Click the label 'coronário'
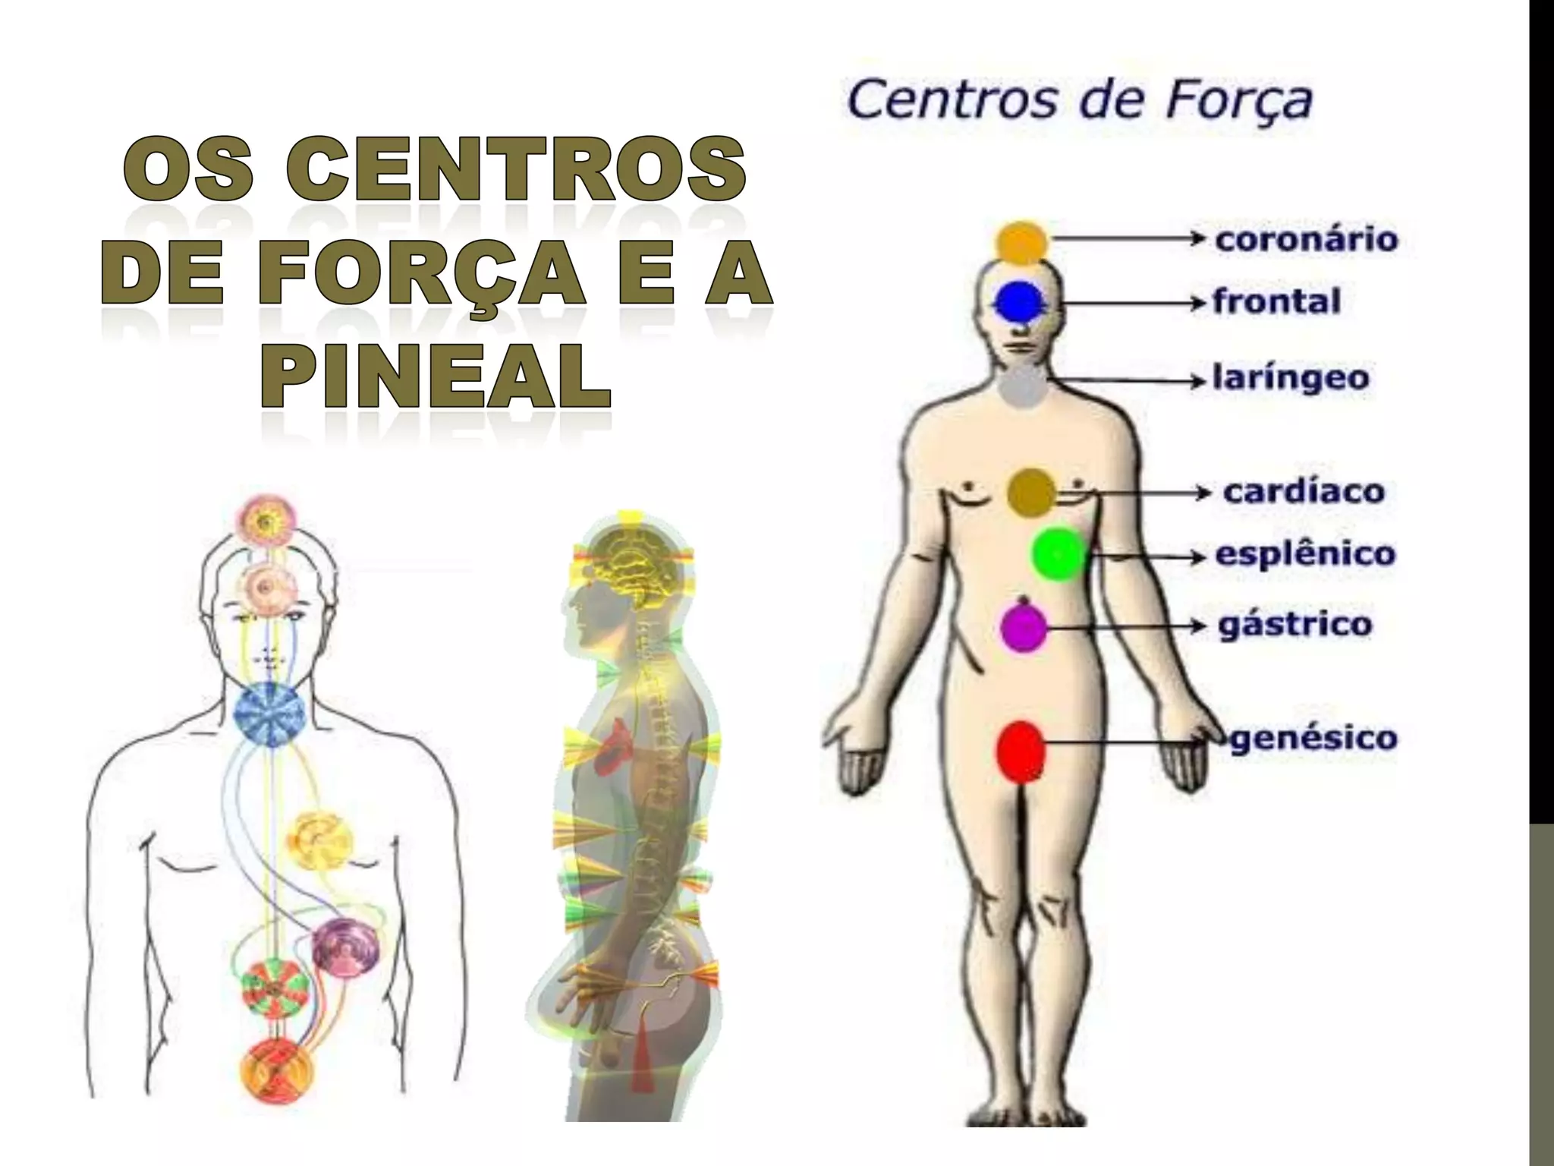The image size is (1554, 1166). click(x=1306, y=239)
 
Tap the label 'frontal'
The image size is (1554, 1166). click(x=1276, y=302)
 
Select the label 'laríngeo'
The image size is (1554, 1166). click(x=1291, y=378)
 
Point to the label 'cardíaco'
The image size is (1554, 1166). click(x=1304, y=492)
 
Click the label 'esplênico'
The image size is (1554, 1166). click(x=1305, y=554)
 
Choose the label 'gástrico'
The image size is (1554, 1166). click(x=1295, y=626)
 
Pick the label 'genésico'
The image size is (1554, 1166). click(x=1313, y=738)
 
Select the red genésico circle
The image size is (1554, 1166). click(x=1021, y=752)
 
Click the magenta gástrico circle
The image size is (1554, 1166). click(x=1024, y=627)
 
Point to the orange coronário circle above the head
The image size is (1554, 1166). click(x=1022, y=243)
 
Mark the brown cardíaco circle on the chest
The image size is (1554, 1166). click(x=1031, y=493)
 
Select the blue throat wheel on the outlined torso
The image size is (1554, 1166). click(x=269, y=712)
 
